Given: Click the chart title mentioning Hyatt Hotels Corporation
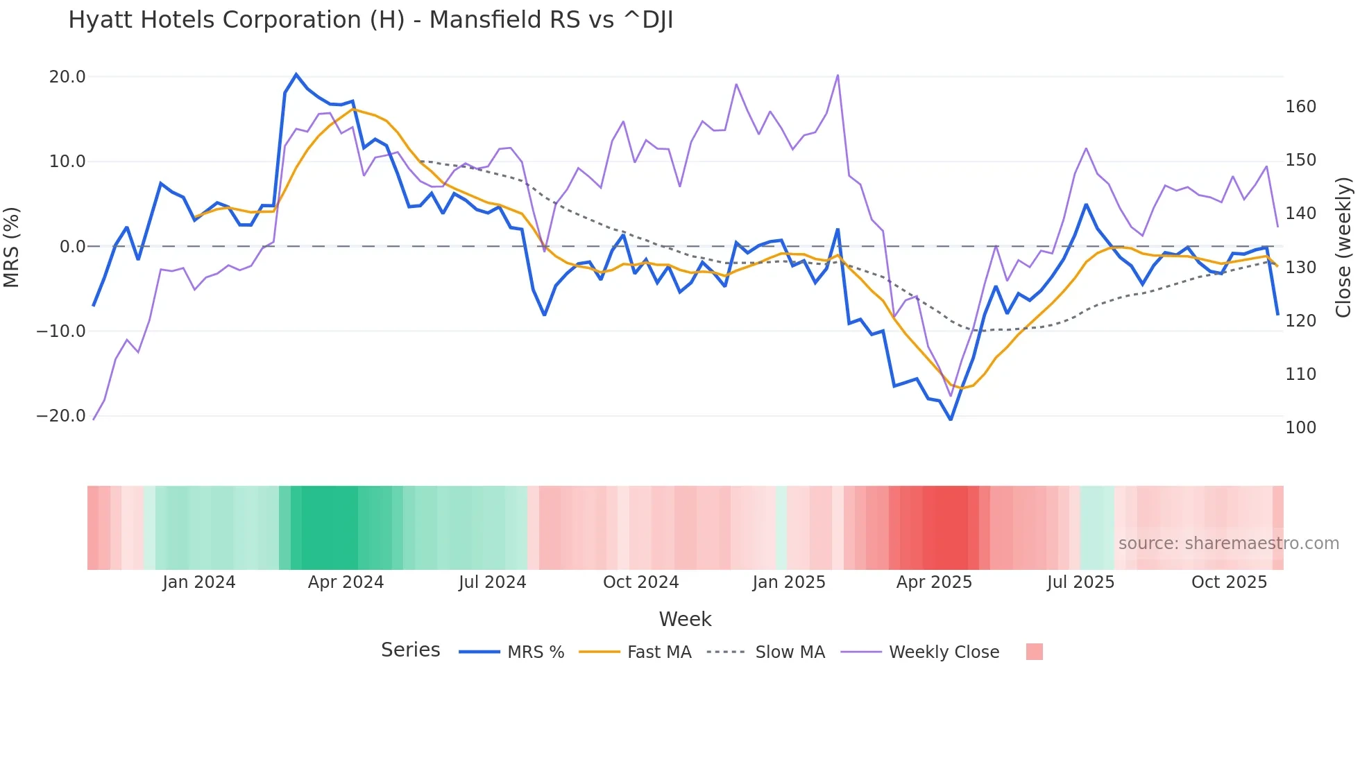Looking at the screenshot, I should click(x=371, y=20).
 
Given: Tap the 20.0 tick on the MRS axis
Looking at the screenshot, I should click(x=67, y=77).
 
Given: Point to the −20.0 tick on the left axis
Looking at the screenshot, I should click(x=61, y=416).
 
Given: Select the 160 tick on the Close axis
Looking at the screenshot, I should click(x=1300, y=107).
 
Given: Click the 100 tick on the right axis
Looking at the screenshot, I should click(x=1300, y=428).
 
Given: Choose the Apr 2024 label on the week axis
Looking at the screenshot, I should click(x=346, y=582).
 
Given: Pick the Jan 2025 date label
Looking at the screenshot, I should click(x=789, y=582).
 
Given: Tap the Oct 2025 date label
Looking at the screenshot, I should click(x=1229, y=582).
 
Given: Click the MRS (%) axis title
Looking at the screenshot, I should click(x=12, y=247).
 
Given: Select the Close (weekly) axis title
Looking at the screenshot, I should click(x=1343, y=247).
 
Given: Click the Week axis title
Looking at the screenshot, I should click(x=685, y=619).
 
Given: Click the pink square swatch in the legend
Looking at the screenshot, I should click(x=1034, y=652).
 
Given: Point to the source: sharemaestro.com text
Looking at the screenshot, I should click(x=1228, y=544).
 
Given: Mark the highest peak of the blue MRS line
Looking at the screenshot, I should click(x=296, y=74).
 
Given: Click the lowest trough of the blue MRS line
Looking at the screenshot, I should click(x=951, y=419).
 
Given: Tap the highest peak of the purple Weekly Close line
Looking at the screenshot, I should click(x=838, y=75).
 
